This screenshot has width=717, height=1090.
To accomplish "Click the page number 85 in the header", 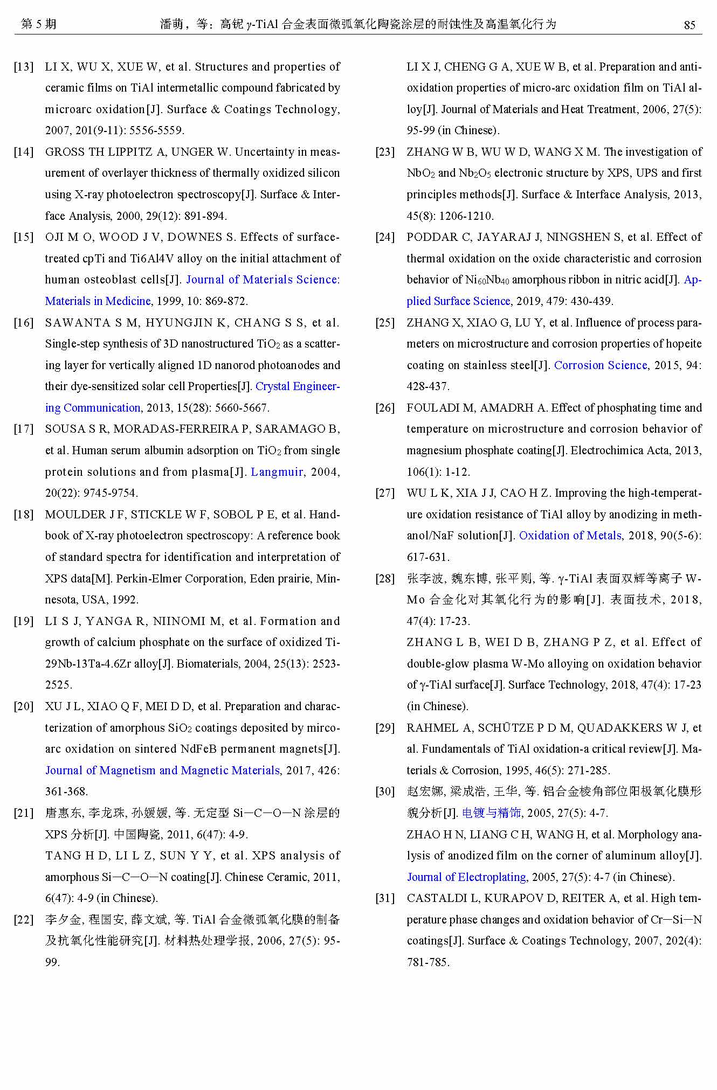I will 689,25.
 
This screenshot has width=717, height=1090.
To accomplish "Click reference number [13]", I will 24,67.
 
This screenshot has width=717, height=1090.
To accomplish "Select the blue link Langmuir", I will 277,472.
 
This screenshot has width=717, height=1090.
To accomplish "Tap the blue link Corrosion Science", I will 601,365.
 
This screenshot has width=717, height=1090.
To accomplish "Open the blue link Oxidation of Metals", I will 570,536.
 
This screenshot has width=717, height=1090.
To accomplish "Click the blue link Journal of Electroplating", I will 466,877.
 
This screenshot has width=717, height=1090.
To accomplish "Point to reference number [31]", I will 385,898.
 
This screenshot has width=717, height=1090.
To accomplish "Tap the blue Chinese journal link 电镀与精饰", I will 491,813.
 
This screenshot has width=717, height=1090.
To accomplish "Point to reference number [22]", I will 24,920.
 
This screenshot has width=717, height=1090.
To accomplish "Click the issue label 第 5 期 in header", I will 38,24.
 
